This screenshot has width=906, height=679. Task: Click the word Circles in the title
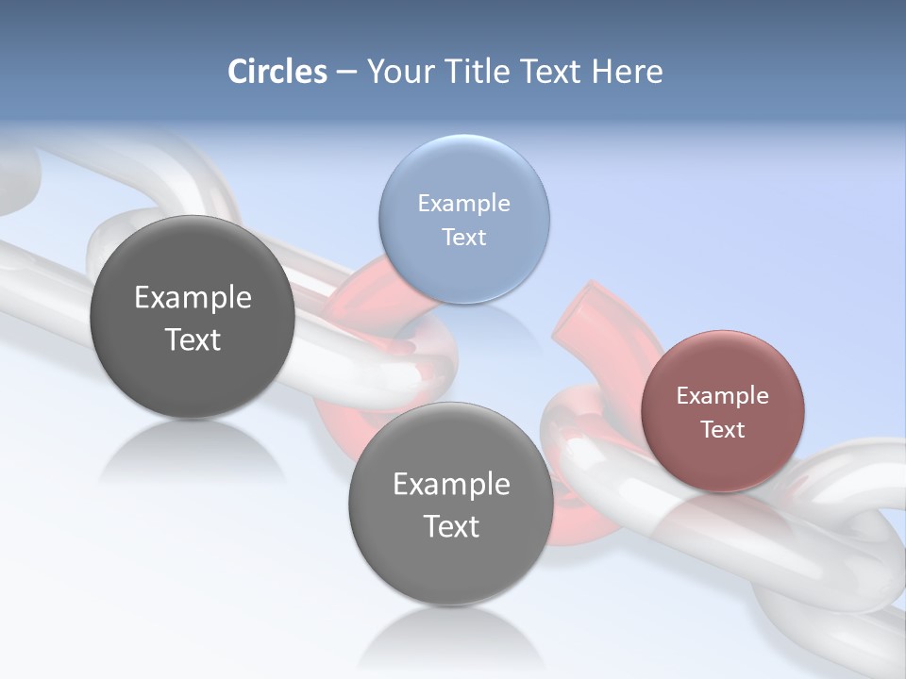click(x=277, y=72)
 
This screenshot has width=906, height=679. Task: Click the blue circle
click(x=463, y=219)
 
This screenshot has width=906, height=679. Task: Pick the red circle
click(x=722, y=410)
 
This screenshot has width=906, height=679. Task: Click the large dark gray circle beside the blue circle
click(x=193, y=317)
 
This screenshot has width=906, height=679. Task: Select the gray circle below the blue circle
click(x=451, y=504)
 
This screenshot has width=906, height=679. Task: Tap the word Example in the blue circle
click(x=463, y=203)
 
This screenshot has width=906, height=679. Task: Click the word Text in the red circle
click(x=722, y=429)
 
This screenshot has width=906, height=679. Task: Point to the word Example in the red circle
click(x=722, y=395)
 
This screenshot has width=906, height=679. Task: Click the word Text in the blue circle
click(x=463, y=237)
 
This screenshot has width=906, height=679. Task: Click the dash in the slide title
click(x=346, y=73)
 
